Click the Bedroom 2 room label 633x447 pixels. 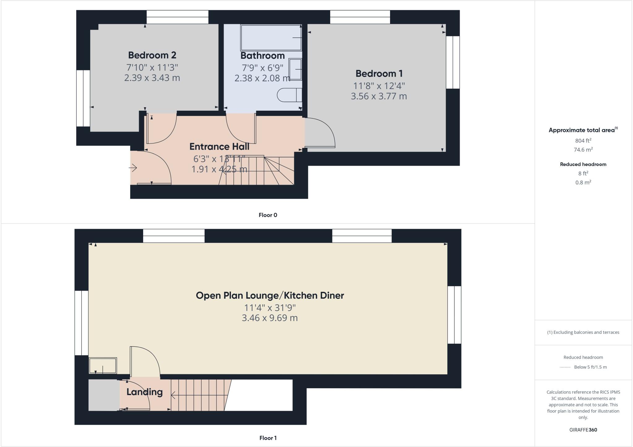pyautogui.click(x=152, y=55)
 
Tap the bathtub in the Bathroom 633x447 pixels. pyautogui.click(x=271, y=38)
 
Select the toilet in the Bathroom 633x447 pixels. pyautogui.click(x=289, y=95)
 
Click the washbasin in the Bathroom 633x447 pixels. pyautogui.click(x=295, y=69)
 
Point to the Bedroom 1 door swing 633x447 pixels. pyautogui.click(x=320, y=133)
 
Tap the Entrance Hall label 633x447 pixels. pyautogui.click(x=219, y=147)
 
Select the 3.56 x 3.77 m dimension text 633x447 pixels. pyautogui.click(x=379, y=96)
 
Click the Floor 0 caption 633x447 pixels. pyautogui.click(x=268, y=215)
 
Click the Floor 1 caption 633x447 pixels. pyautogui.click(x=268, y=438)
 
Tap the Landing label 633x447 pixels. pyautogui.click(x=144, y=392)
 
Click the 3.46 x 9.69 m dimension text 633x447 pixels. pyautogui.click(x=270, y=318)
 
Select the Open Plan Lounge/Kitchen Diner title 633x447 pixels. pyautogui.click(x=270, y=296)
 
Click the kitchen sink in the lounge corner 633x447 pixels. pyautogui.click(x=103, y=366)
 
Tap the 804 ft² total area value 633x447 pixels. pyautogui.click(x=583, y=141)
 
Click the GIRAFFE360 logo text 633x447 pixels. pyautogui.click(x=583, y=430)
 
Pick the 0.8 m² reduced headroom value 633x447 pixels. pyautogui.click(x=583, y=182)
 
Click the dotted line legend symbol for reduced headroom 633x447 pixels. pyautogui.click(x=565, y=367)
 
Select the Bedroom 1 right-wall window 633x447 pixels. pyautogui.click(x=453, y=62)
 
